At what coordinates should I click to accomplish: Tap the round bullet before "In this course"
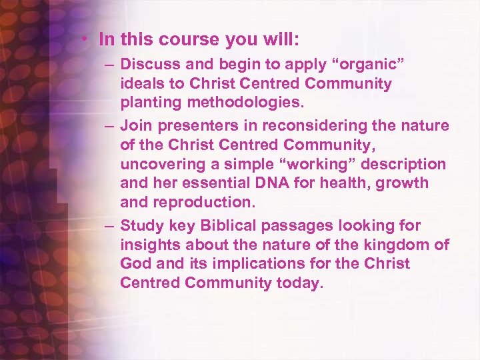[87, 39]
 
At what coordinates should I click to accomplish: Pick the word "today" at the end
[300, 282]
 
